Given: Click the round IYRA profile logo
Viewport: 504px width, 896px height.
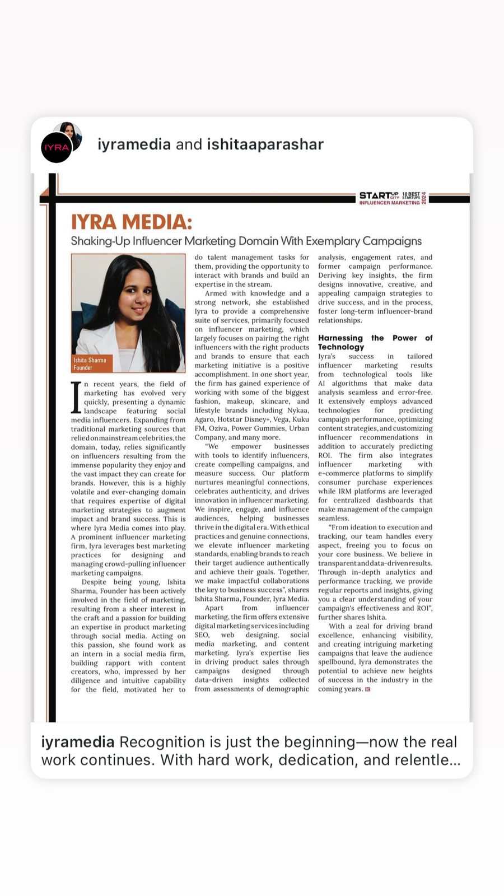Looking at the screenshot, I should pyautogui.click(x=56, y=148).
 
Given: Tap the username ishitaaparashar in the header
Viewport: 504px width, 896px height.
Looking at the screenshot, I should pyautogui.click(x=265, y=144).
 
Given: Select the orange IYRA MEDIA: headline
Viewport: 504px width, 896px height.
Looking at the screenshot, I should pyautogui.click(x=131, y=222).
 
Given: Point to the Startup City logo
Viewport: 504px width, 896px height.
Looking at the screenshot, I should pyautogui.click(x=379, y=195).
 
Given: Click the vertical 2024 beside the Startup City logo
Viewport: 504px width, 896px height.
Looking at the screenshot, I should pyautogui.click(x=424, y=198).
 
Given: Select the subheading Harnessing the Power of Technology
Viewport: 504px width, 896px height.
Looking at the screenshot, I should pyautogui.click(x=375, y=342).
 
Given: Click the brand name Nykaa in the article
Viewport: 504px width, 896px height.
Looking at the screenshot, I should pyautogui.click(x=298, y=410).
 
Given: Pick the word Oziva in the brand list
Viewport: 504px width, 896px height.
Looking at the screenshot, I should pyautogui.click(x=218, y=428).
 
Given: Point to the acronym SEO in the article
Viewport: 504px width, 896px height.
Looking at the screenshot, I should pyautogui.click(x=202, y=635).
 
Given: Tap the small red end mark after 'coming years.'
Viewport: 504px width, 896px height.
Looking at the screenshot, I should pyautogui.click(x=368, y=689).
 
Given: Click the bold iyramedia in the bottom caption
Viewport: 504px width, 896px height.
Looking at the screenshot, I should pyautogui.click(x=78, y=742).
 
